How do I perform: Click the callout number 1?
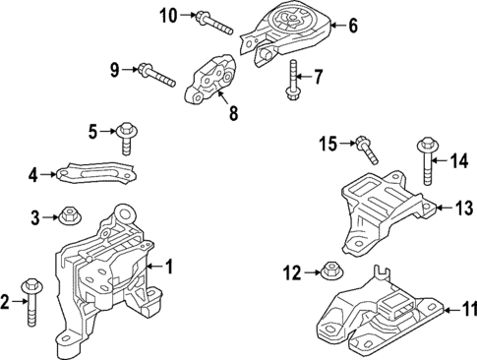click(x=168, y=266)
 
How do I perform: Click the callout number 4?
click(x=32, y=176)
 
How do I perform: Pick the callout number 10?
click(x=169, y=14)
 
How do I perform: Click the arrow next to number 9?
click(x=129, y=70)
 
